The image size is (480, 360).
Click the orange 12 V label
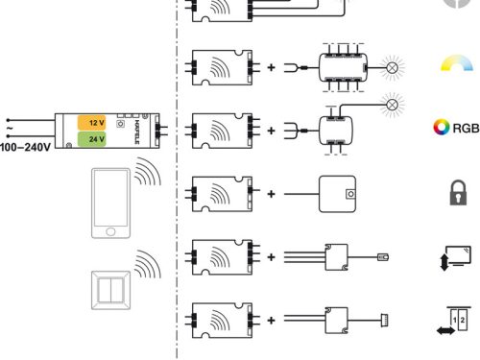(94, 123)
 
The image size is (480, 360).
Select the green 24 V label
(94, 139)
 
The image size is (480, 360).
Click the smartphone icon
(109, 203)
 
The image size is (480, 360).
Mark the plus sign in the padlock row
(272, 194)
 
